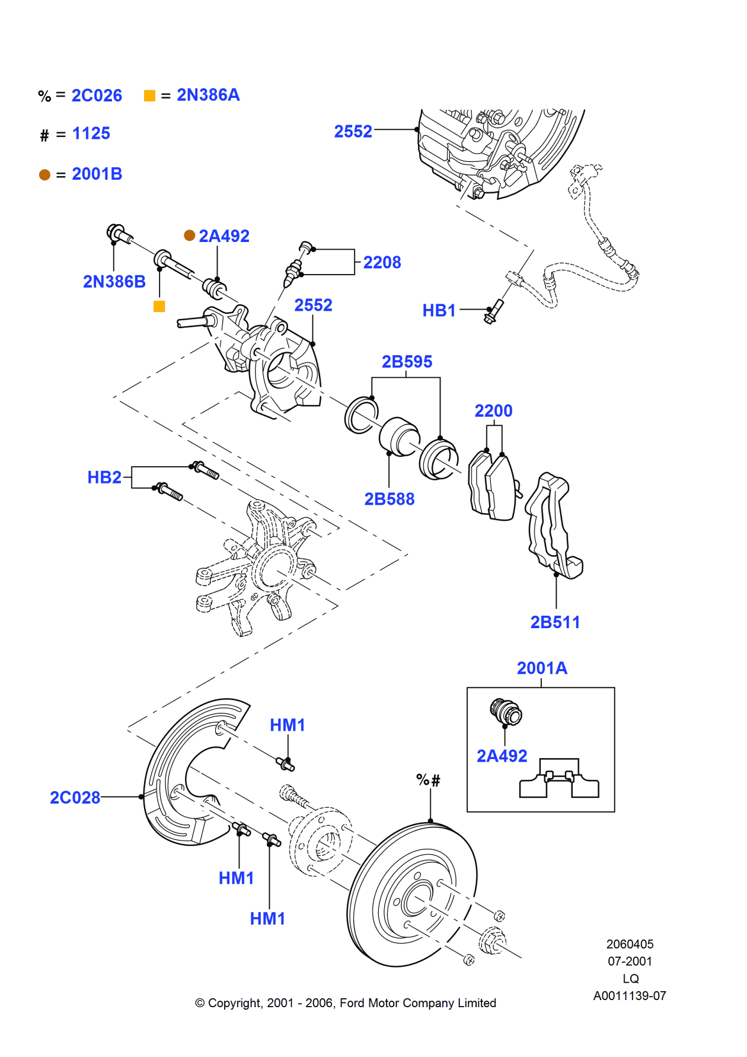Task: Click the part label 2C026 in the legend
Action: (97, 95)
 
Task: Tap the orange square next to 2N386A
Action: (149, 95)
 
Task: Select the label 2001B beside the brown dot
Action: (97, 174)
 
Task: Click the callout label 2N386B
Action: (114, 281)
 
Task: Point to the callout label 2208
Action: (382, 262)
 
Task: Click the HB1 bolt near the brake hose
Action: (494, 311)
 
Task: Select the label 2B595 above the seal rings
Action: (407, 361)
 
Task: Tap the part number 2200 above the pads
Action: (493, 410)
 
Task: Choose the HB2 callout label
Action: (104, 477)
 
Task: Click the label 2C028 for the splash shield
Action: (75, 797)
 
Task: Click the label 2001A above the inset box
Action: (542, 668)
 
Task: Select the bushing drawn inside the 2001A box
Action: (506, 712)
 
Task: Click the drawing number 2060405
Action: (630, 944)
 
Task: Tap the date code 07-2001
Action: (630, 961)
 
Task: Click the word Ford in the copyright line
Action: (352, 1003)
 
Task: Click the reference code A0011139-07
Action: (630, 996)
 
